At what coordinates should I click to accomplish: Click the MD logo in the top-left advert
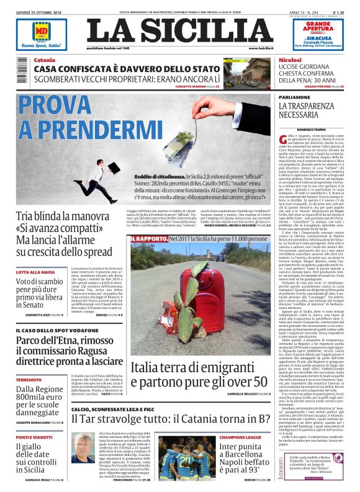click(41, 32)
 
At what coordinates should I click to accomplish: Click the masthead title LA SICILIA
click(179, 32)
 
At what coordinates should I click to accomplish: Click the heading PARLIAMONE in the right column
click(294, 97)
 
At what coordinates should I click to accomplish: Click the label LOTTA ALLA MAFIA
click(41, 272)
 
